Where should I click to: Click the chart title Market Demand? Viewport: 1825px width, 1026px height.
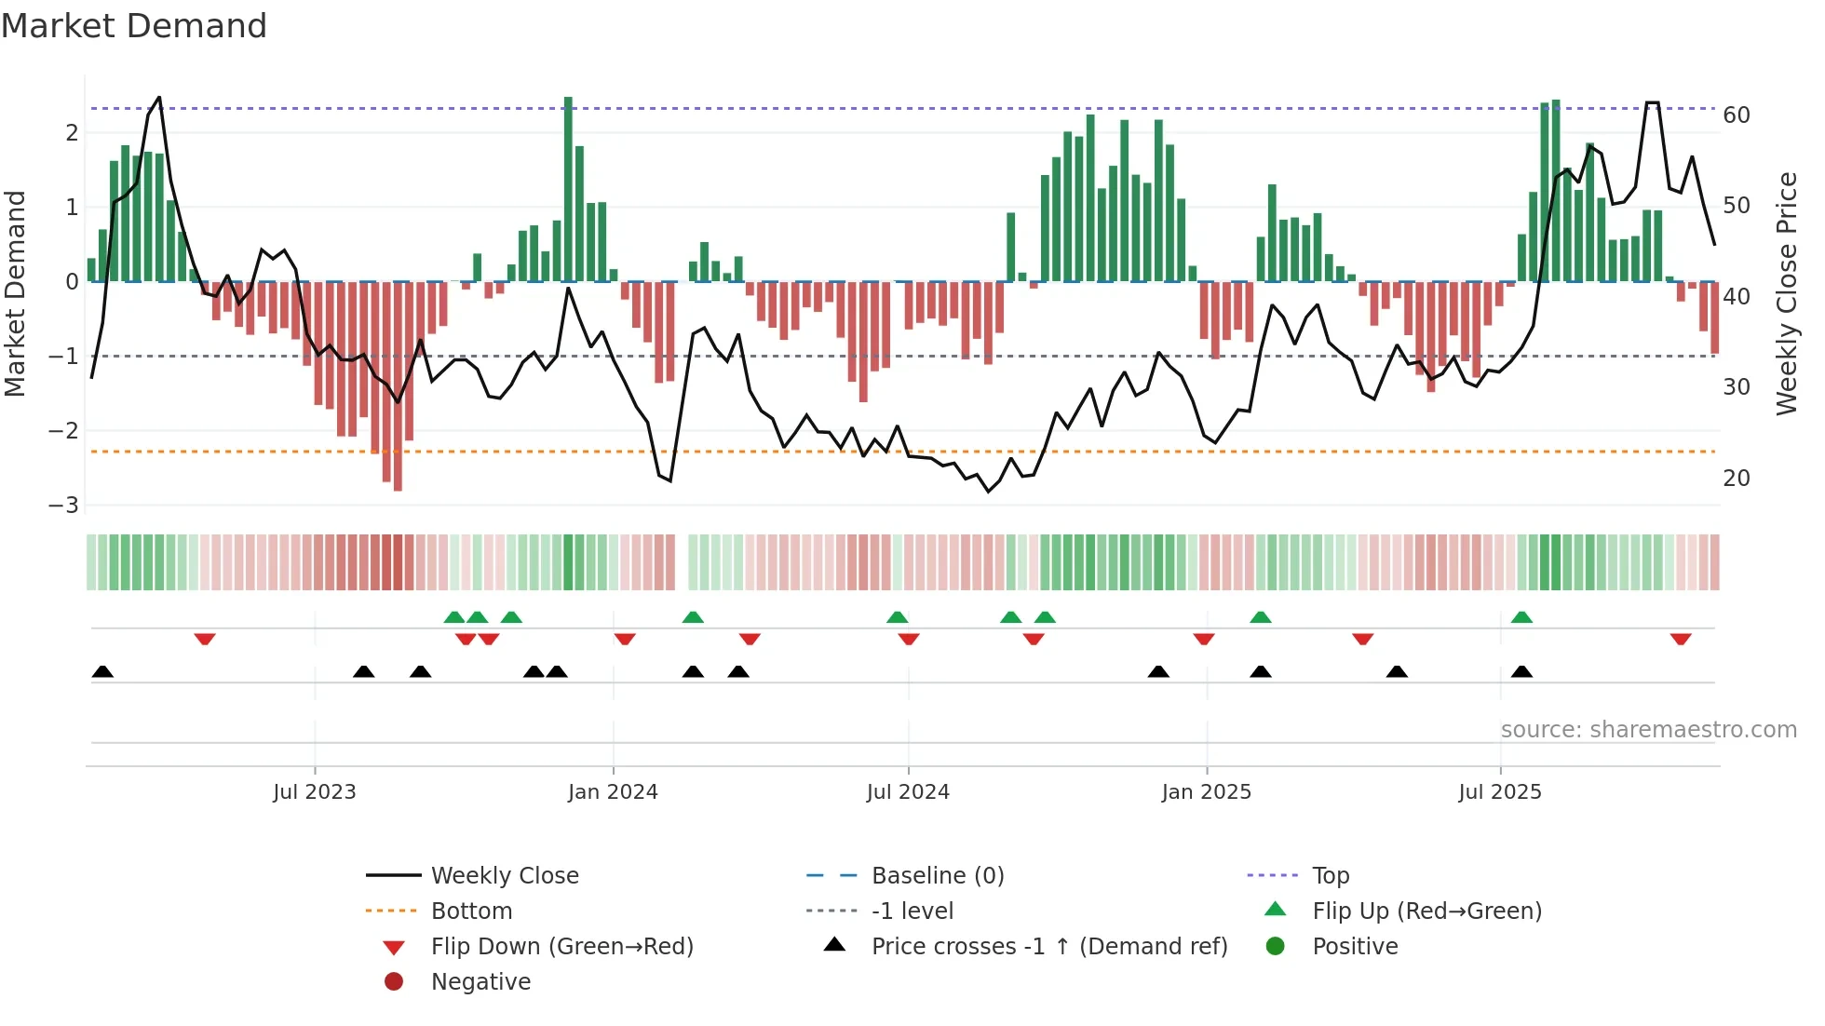tap(134, 26)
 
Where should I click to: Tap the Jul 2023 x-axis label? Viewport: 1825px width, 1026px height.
tap(314, 792)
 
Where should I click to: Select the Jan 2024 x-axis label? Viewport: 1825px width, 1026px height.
tap(613, 792)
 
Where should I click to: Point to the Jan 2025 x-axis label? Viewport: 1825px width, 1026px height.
tap(1206, 792)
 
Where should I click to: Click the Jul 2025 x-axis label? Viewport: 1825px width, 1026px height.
tap(1499, 792)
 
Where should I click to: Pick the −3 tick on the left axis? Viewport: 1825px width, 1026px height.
tap(64, 506)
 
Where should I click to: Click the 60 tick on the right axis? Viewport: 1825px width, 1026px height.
tap(1737, 115)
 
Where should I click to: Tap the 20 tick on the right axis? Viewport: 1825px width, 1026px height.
tap(1737, 479)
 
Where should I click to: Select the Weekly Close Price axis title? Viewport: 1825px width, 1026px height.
tap(1787, 294)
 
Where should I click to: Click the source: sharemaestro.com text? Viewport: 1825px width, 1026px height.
tap(1648, 730)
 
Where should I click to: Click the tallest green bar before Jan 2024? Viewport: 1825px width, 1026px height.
tap(568, 186)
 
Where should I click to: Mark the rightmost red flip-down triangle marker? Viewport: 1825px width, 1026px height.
tap(1681, 639)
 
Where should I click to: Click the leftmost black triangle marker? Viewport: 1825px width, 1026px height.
tap(102, 671)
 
